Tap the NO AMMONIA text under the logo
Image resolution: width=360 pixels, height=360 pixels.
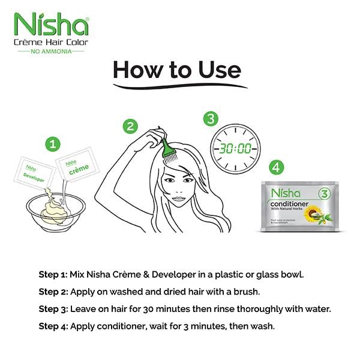click(x=50, y=52)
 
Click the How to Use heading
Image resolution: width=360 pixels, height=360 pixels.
click(x=177, y=70)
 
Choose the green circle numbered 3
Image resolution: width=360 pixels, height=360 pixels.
click(x=209, y=118)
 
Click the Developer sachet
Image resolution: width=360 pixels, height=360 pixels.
click(x=35, y=171)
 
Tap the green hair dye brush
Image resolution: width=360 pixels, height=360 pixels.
click(x=164, y=147)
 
